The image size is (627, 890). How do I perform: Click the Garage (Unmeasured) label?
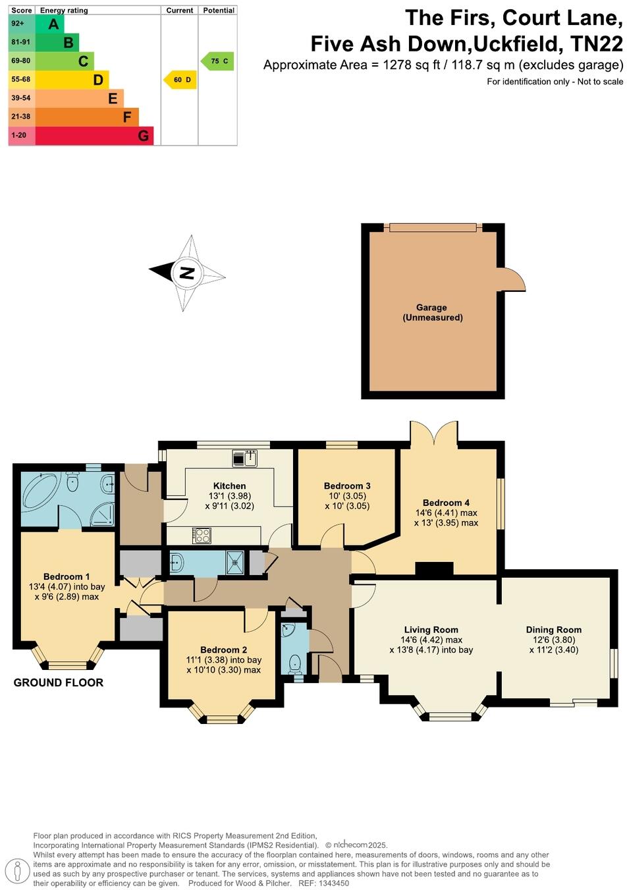[x=431, y=312]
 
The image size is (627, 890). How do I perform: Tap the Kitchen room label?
[x=229, y=486]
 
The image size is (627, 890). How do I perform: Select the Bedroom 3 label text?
[x=347, y=486]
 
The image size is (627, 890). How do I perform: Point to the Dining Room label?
[x=553, y=630]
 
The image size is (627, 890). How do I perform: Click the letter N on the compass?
[x=187, y=272]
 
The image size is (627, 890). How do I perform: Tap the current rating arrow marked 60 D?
[x=180, y=80]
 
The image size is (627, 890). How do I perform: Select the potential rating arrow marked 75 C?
[x=218, y=61]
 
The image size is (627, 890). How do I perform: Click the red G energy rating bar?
[x=94, y=136]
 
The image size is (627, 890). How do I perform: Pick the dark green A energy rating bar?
[x=49, y=24]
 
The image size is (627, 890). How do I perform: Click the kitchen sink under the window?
[x=244, y=458]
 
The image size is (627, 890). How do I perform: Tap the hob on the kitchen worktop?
[x=202, y=536]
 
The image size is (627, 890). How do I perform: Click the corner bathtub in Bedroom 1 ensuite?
[x=40, y=489]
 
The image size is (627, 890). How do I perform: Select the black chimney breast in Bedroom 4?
[x=434, y=570]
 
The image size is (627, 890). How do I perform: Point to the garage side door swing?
[x=513, y=280]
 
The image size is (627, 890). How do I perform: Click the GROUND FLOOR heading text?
[x=59, y=682]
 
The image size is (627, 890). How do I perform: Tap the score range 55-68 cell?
[x=21, y=80]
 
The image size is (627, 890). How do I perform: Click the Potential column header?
[x=219, y=11]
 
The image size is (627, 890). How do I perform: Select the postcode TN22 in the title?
[x=596, y=44]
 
